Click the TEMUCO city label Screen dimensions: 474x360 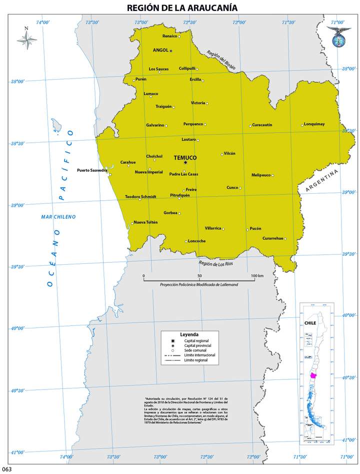185,158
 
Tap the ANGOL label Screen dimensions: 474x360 160,50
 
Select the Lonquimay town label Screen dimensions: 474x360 314,124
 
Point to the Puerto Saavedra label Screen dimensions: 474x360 92,170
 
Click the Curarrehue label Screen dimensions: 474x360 273,238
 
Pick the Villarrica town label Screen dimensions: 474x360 213,228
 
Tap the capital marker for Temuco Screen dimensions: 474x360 185,163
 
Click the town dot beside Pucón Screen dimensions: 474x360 247,230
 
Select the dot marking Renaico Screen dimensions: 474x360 179,37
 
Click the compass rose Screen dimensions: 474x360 27,39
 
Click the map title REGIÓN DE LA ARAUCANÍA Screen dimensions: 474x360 182,8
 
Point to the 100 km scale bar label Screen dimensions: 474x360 257,276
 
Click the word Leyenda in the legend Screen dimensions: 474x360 189,334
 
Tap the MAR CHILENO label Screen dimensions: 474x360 58,217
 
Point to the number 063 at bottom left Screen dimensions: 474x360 6,469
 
